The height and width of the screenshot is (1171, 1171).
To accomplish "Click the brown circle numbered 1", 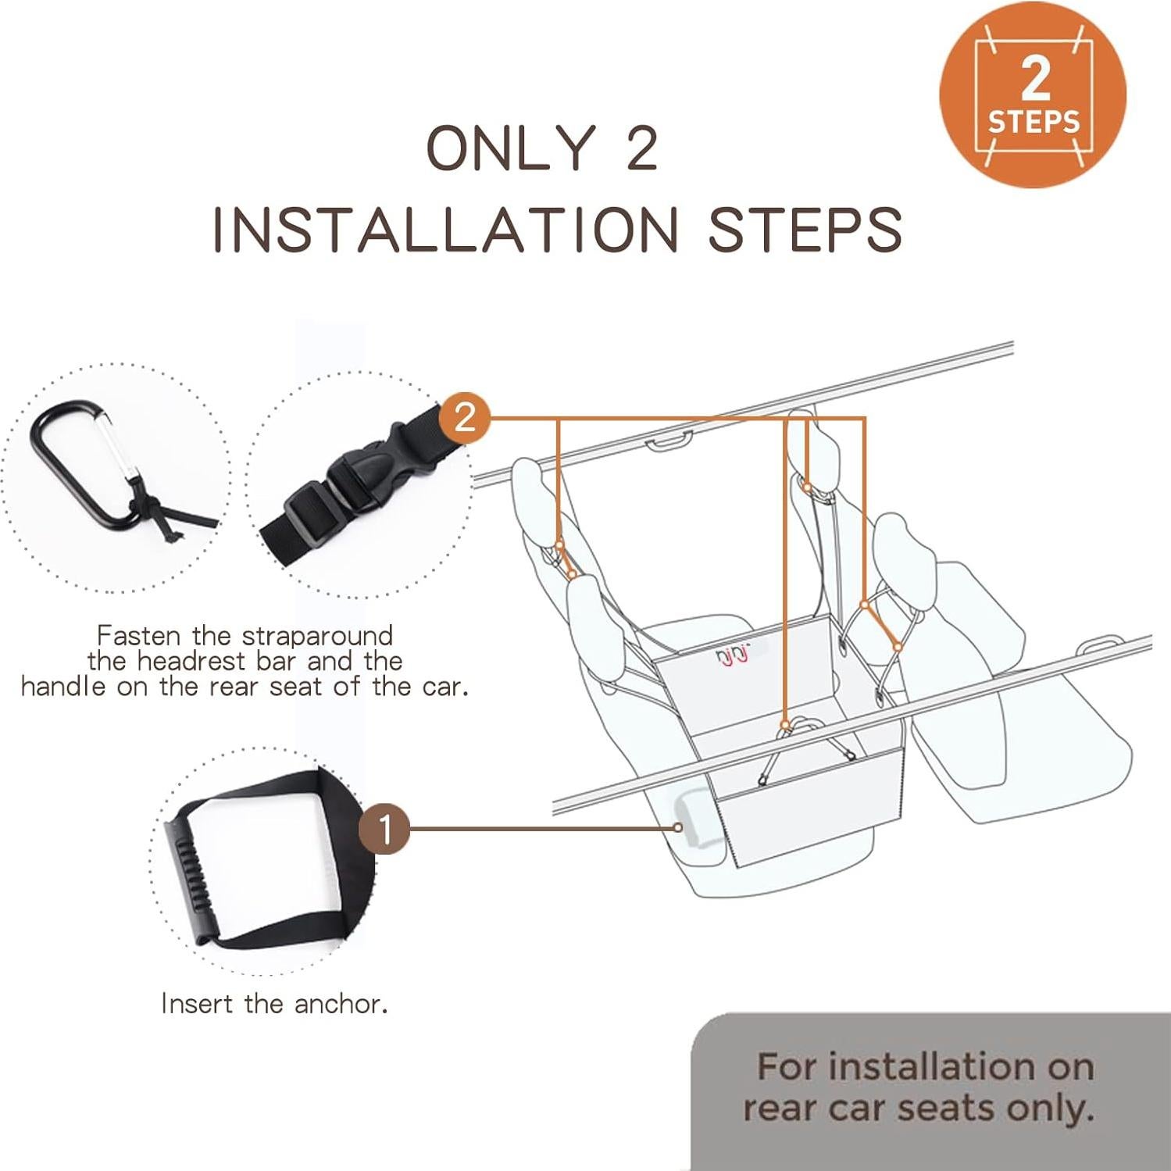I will pos(384,829).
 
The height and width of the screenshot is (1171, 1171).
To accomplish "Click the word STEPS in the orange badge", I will pos(1034,122).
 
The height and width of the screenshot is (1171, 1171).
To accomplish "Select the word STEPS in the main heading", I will pos(805,230).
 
